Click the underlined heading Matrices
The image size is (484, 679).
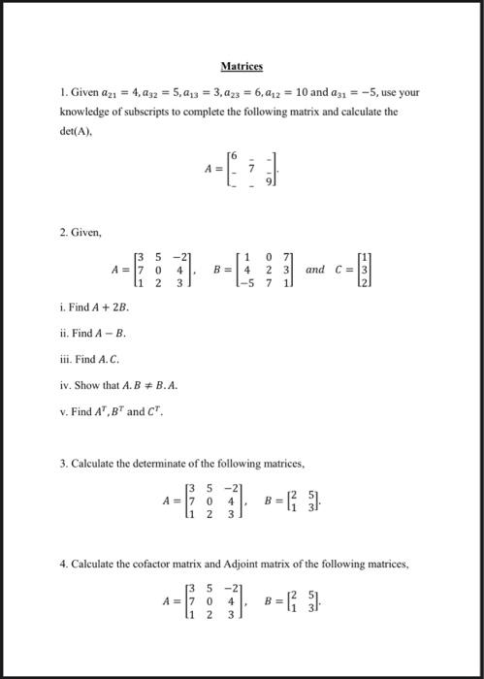click(x=242, y=66)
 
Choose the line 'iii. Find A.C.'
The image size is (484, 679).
click(x=94, y=358)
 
